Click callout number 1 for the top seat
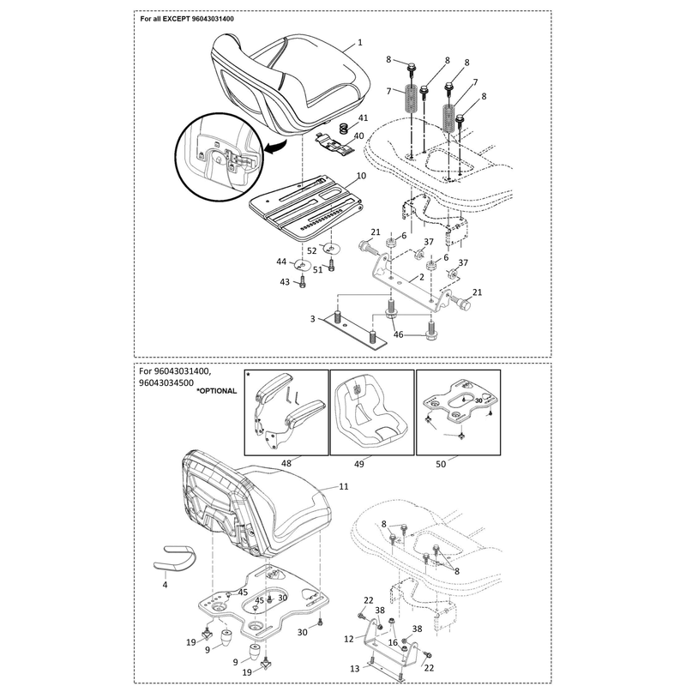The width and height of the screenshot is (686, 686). pos(360,42)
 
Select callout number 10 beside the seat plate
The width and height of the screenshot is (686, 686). pos(361,176)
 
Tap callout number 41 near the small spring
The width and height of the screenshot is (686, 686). pos(363,117)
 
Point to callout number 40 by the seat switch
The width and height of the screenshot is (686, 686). pos(358,136)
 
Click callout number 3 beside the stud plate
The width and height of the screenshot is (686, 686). pos(312,319)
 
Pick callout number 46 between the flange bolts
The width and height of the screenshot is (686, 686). pos(398,334)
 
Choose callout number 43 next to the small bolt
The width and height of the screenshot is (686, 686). pos(285,282)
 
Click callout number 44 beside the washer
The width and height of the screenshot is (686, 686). pos(281,262)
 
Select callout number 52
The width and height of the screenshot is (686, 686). pos(311,251)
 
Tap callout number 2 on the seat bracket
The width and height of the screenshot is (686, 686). pos(422,277)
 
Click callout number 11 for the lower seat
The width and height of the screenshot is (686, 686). pos(344,486)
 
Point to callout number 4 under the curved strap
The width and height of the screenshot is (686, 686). pos(165,585)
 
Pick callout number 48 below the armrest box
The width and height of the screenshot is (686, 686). pos(286,463)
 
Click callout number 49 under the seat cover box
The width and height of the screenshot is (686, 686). pos(358,464)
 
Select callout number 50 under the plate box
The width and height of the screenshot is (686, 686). pos(441,464)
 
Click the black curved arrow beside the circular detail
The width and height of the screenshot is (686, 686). pos(274,147)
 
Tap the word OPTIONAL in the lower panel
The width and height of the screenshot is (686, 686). pos(218,391)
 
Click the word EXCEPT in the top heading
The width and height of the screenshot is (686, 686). pos(177,19)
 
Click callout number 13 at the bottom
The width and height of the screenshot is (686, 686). pos(355,669)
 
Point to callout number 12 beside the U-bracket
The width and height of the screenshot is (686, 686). pos(349,639)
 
